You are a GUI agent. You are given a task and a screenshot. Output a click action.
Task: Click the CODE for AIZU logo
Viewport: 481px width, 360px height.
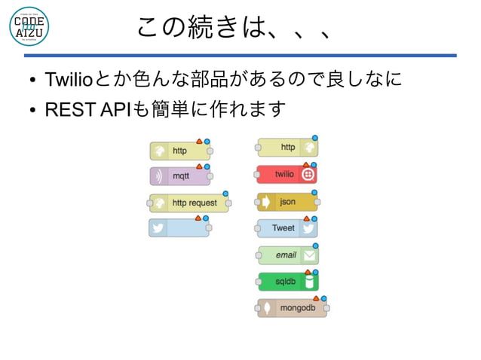pos(29,27)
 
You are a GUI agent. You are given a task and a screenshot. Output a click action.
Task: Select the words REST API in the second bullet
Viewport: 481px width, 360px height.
pos(87,110)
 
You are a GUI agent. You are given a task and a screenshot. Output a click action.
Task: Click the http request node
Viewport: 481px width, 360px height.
pos(189,203)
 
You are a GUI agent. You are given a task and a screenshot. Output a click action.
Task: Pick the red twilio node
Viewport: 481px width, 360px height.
pos(286,175)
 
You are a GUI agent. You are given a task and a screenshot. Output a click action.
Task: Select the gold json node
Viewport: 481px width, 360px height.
pos(286,202)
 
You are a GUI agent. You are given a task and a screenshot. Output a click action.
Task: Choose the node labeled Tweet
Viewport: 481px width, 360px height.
pos(286,228)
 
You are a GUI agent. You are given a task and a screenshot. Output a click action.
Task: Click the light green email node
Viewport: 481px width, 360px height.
pos(287,255)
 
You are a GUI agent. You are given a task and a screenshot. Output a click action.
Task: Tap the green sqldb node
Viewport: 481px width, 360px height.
pos(287,282)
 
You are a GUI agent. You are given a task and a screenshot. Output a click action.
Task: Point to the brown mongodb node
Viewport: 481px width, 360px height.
pos(292,308)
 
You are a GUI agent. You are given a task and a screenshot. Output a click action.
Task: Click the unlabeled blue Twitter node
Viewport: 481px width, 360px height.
pos(179,228)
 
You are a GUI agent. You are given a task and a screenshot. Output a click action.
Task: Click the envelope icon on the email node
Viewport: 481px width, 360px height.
pos(308,255)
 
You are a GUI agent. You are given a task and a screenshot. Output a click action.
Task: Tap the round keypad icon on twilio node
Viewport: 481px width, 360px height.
pos(308,175)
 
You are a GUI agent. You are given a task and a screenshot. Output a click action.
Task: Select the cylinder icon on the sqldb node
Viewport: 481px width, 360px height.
pos(308,282)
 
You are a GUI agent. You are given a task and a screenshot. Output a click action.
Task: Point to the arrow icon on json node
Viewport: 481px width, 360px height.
pos(266,202)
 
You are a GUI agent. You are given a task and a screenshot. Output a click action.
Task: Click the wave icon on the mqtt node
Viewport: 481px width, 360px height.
pos(158,177)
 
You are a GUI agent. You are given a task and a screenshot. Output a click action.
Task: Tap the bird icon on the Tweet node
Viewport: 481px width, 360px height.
pos(308,228)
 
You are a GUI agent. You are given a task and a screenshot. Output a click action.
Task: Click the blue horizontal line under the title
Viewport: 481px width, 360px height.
pos(240,56)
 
